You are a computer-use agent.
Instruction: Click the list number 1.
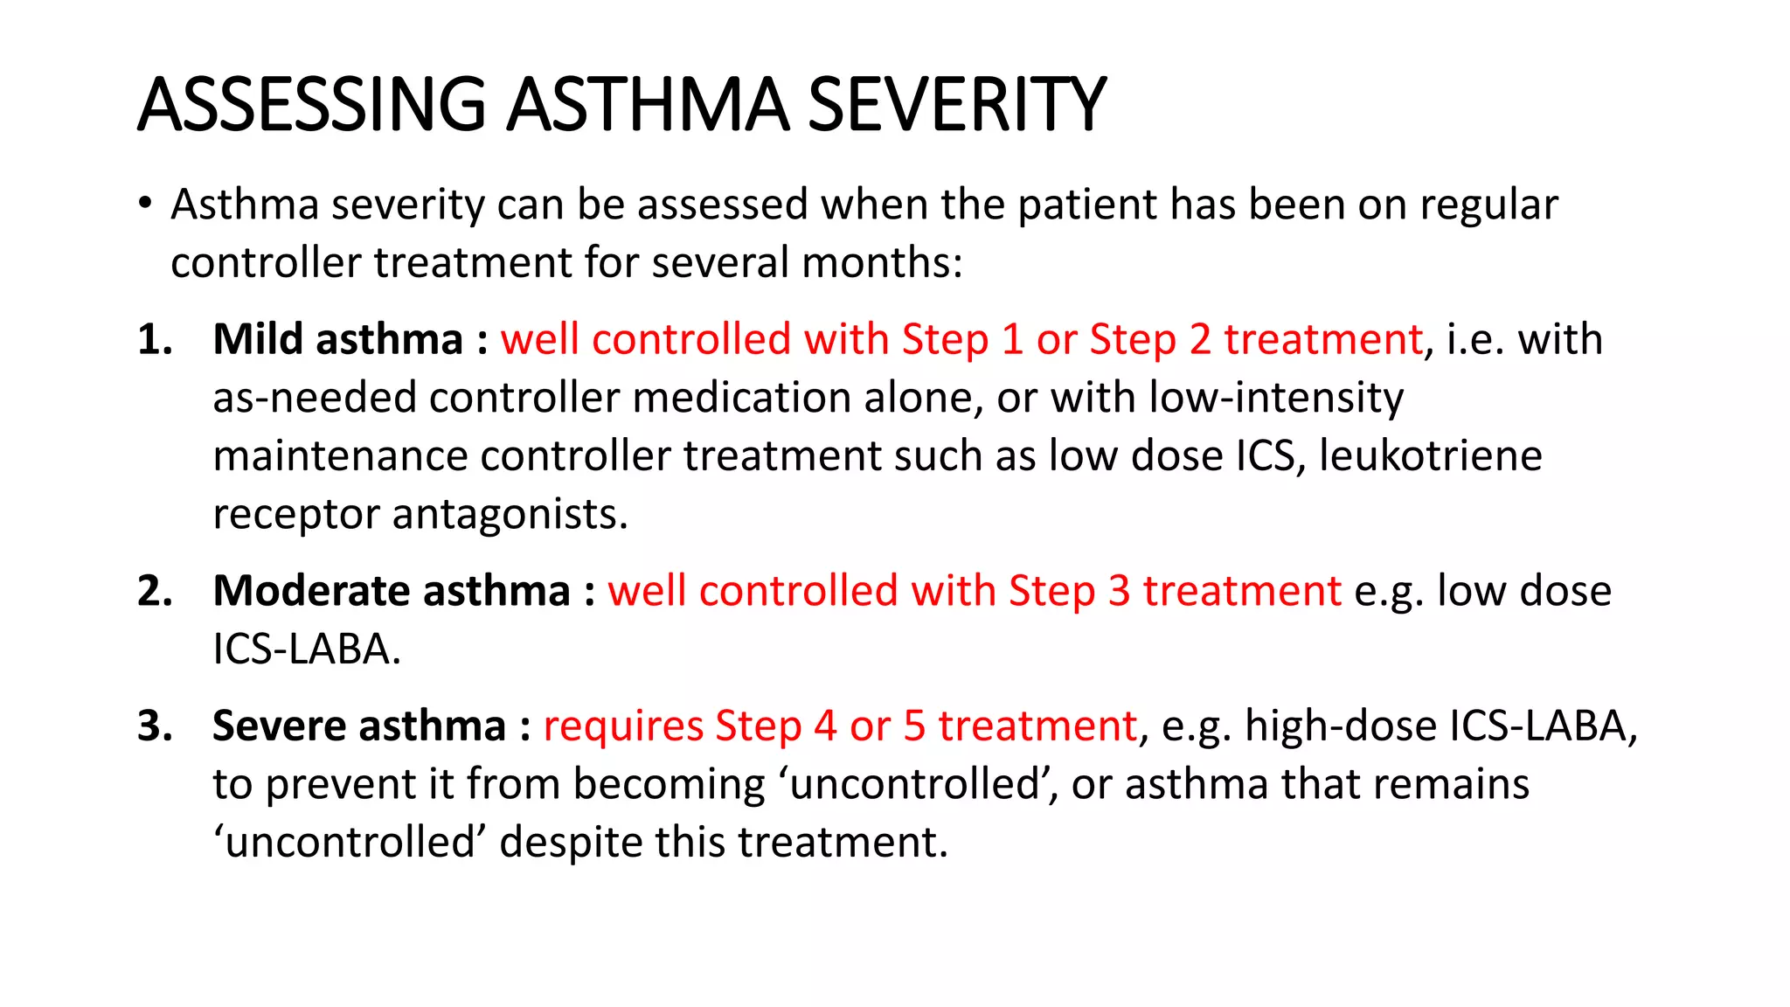coord(155,339)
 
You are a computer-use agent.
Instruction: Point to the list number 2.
coord(155,591)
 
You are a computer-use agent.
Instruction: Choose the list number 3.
coord(155,726)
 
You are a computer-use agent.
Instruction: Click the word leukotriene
coord(1430,456)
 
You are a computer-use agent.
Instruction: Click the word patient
coord(1087,205)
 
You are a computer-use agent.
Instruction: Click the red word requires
coord(623,726)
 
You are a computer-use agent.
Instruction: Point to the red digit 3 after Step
coord(1120,591)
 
